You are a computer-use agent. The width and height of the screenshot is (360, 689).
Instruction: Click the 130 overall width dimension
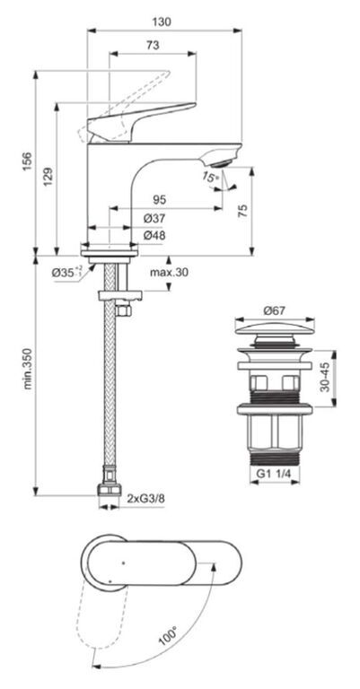coord(162,22)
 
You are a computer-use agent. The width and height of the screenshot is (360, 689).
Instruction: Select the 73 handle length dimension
coord(153,45)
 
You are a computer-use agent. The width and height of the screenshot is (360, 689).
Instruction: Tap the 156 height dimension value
coord(27,162)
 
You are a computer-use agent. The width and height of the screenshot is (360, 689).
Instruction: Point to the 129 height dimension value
coord(48,176)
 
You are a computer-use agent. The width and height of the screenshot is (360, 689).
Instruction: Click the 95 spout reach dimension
coord(160,200)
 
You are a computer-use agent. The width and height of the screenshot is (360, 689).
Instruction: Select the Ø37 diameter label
coord(154,218)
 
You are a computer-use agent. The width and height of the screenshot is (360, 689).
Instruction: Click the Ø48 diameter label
coord(154,235)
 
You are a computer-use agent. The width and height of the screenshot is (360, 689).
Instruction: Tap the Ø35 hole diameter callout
coord(66,273)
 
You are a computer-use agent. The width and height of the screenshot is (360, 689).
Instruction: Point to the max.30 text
coord(169,273)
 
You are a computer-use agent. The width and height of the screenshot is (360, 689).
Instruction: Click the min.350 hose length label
coord(28,369)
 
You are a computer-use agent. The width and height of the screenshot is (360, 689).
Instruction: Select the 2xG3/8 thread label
coord(142,498)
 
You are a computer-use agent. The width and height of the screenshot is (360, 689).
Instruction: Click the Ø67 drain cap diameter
coord(275,310)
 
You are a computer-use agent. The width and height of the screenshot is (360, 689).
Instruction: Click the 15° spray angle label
coord(210,178)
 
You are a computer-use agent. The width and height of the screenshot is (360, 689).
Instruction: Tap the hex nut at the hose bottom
coord(109,489)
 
